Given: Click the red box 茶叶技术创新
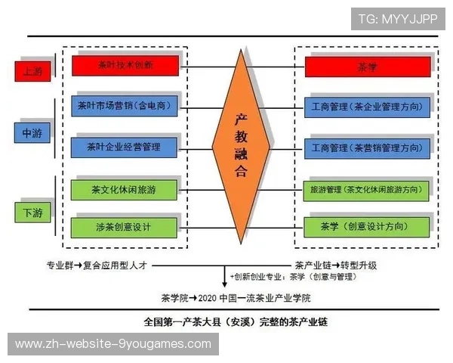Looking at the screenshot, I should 125,66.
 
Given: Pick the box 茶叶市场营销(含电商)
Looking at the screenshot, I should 125,106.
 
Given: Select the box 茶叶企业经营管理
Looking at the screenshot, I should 125,146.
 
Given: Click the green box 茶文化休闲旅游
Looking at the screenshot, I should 125,188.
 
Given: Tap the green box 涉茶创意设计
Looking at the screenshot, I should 125,226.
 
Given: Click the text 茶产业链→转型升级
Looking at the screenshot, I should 334,265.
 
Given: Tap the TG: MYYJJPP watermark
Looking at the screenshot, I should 397,19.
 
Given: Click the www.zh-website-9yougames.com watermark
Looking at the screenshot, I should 113,344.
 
